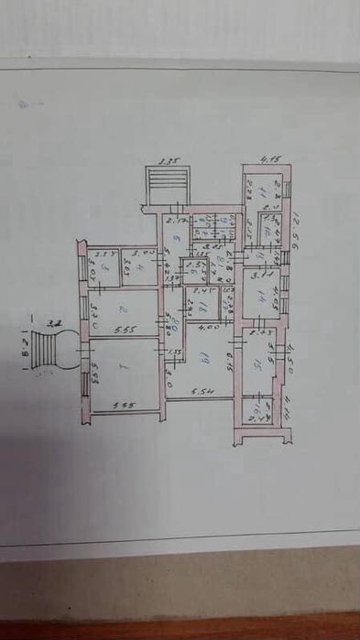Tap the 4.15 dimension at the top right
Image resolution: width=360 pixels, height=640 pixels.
[267, 157]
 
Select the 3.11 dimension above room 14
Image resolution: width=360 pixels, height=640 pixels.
[257, 272]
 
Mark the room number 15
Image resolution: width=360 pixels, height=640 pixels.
[262, 363]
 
